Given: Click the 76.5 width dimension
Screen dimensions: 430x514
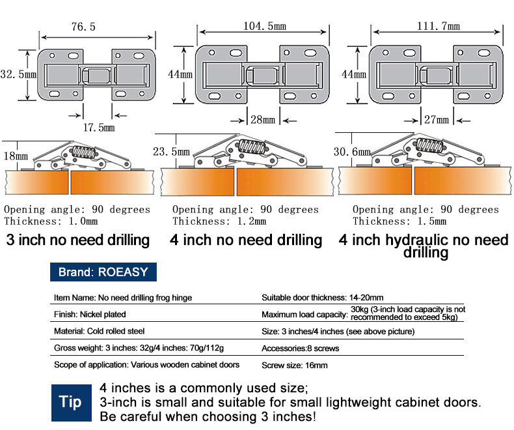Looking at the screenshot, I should pos(83,27).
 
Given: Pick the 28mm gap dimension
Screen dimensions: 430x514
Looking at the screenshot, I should pos(264,120).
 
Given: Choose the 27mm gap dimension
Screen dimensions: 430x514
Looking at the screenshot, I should pos(437,120).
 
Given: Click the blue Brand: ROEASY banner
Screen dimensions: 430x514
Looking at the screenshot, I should pos(103,272).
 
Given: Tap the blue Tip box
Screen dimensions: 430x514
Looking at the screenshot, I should pos(70,401).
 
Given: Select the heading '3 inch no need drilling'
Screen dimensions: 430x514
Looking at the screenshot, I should pos(78,240).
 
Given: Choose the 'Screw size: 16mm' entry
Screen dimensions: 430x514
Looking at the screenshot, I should pos(295,365).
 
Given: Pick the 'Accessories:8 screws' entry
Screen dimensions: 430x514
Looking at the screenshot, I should pos(300,348).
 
